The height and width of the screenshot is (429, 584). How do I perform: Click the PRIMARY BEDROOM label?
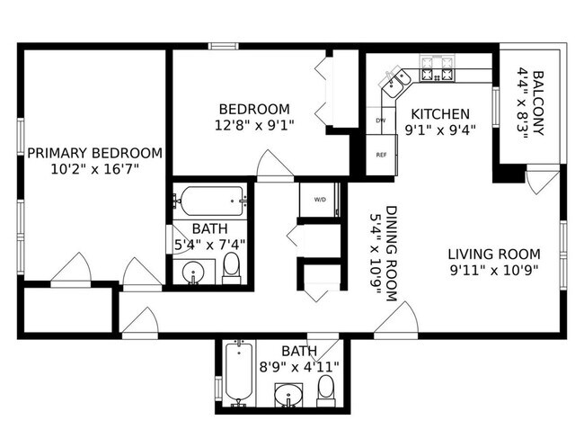[x=94, y=153]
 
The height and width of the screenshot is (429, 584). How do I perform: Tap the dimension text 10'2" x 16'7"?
[x=94, y=168]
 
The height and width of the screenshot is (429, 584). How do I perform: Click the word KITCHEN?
[x=440, y=114]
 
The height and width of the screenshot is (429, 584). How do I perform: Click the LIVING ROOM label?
[x=493, y=254]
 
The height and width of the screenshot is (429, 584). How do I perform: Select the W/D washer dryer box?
[x=320, y=199]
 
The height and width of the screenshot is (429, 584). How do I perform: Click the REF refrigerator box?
[x=381, y=155]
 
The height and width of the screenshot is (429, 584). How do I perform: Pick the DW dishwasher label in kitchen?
[x=380, y=121]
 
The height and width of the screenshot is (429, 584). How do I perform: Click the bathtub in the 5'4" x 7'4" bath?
[x=209, y=198]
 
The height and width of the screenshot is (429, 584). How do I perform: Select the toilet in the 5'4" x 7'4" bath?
[x=231, y=267]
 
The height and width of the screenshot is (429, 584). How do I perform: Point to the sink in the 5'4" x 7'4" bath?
[x=195, y=272]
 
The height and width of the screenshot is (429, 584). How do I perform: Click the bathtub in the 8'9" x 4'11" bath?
[x=236, y=373]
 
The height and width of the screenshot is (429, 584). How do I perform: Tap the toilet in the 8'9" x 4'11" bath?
[x=325, y=389]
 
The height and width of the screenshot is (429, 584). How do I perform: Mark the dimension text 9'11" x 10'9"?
[x=493, y=269]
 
